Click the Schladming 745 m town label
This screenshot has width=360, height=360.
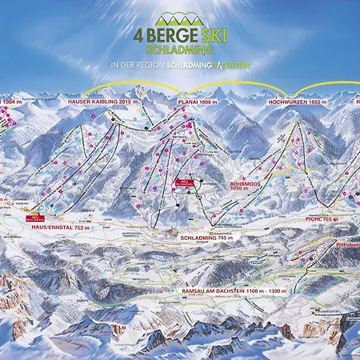pyautogui.click(x=203, y=238)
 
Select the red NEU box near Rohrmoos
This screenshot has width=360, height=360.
pyautogui.click(x=182, y=183)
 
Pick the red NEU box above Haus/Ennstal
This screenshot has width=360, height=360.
pyautogui.click(x=35, y=217)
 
